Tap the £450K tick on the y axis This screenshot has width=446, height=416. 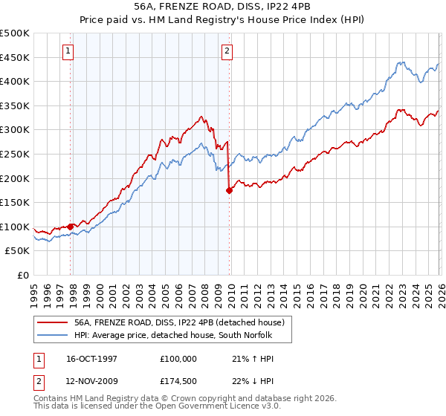coord(15,57)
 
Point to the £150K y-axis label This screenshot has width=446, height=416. coord(15,202)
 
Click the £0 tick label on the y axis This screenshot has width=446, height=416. coord(24,275)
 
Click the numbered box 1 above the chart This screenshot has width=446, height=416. coord(68,51)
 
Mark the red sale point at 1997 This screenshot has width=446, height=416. coord(71,227)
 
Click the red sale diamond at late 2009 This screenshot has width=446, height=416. coord(229,190)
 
